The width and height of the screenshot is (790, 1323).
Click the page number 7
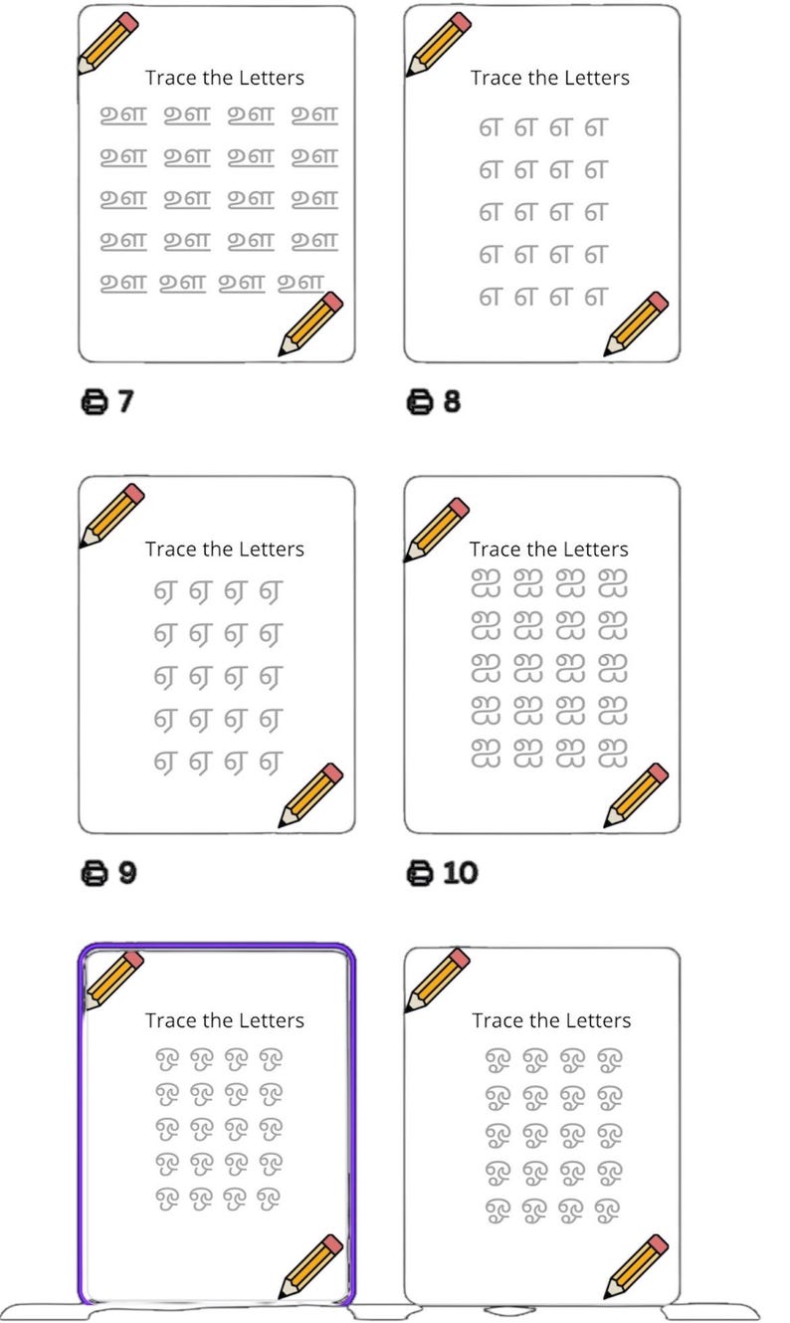coord(125,401)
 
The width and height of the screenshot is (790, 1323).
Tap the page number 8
coord(452,401)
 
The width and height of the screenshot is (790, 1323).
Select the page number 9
coord(126,872)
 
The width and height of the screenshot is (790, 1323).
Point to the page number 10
coord(460,872)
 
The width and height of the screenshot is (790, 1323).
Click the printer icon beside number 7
coord(94,401)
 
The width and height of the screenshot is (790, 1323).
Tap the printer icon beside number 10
coord(420,872)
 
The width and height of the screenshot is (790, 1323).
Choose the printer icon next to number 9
coord(94,872)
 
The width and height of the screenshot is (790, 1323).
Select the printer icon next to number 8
coord(420,401)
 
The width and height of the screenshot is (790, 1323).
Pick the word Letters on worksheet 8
coord(594,78)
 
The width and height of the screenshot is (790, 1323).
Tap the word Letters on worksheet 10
coord(593,549)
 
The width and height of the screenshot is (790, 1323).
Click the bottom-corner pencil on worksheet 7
coord(310,324)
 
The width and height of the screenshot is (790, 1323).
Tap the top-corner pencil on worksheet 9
coord(111,516)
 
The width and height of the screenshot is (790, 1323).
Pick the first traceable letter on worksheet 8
coord(489,127)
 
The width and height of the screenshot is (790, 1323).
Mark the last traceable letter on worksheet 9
coord(270,763)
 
